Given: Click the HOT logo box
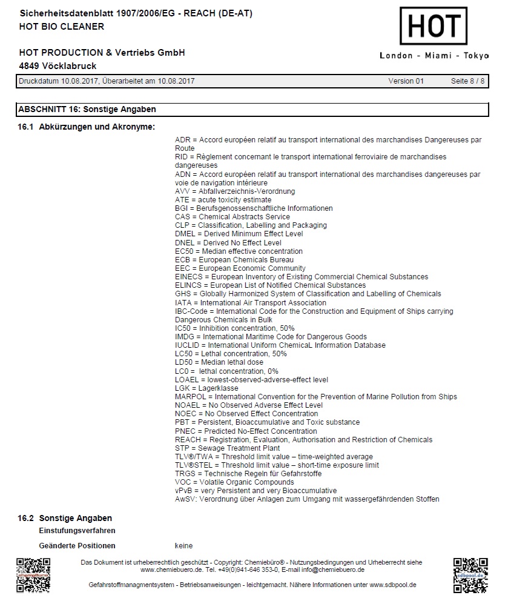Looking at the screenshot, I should point(433,26).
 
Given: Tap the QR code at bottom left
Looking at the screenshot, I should point(33,575).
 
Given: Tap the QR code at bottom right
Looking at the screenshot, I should point(470,575).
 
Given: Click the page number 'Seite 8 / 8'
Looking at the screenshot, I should point(467,81).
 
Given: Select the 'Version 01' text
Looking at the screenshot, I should point(406,81).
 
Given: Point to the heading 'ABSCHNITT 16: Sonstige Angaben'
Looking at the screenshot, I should point(87,110).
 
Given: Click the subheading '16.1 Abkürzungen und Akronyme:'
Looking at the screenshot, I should point(87,127).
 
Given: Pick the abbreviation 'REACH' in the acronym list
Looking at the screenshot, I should point(187,440).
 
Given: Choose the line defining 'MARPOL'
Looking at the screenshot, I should point(315,397).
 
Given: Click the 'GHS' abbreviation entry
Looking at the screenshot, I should point(182,294).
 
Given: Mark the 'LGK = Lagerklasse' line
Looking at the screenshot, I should point(206,388).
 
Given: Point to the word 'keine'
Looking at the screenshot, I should point(184,546).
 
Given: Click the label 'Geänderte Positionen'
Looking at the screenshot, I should point(77,546).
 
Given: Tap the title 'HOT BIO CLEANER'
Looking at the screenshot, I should point(62,26).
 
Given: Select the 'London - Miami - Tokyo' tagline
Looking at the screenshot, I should point(433,56).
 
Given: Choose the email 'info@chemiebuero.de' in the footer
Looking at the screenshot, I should point(334,570).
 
